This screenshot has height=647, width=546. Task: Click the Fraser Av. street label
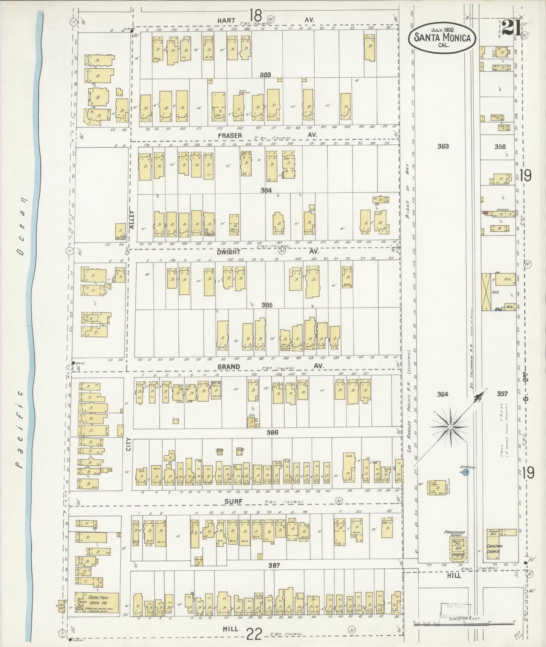click(229, 135)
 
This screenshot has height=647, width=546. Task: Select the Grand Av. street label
click(229, 367)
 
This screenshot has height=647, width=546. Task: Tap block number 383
click(266, 75)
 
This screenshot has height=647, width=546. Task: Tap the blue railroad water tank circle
click(466, 473)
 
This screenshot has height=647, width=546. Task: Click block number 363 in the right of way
click(442, 146)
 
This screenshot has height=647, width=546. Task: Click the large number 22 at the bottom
click(255, 635)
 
